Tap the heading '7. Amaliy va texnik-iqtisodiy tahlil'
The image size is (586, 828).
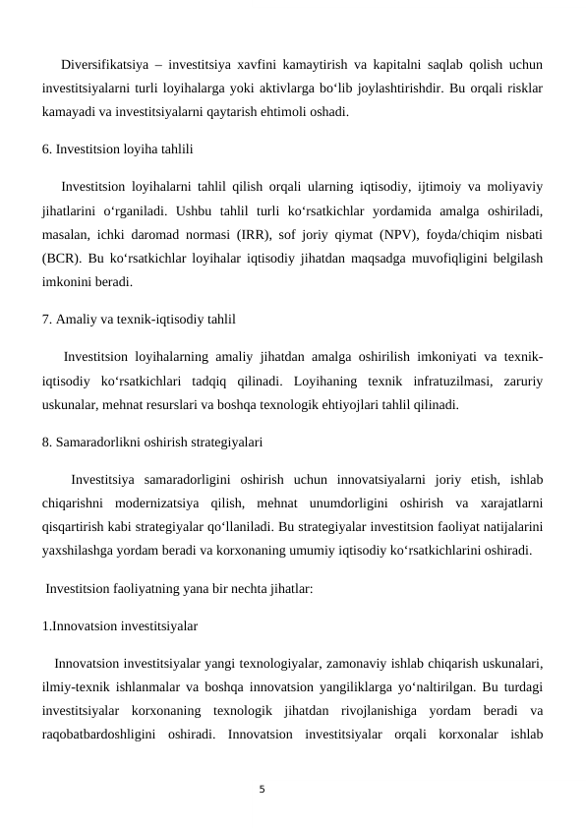click(139, 319)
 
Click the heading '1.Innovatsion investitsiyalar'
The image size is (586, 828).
click(120, 623)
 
